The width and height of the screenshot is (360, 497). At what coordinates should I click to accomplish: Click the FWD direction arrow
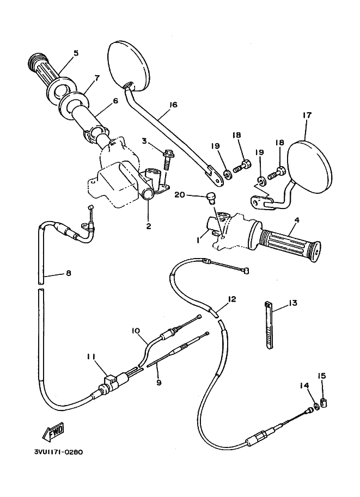[54, 432]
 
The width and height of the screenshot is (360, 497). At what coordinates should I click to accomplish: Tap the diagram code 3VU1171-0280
[59, 452]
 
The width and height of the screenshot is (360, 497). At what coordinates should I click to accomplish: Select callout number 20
[180, 195]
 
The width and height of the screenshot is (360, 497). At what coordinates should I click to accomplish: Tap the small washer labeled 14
[316, 406]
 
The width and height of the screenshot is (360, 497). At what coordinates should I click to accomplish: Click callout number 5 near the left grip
[76, 53]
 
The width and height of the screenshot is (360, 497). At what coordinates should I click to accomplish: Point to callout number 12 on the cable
[232, 299]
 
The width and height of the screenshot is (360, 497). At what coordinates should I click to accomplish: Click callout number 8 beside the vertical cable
[69, 273]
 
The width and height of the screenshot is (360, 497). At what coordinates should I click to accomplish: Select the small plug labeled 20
[210, 197]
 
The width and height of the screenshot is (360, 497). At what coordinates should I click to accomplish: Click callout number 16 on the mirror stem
[174, 105]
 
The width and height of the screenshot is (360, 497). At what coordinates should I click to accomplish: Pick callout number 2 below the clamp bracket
[149, 226]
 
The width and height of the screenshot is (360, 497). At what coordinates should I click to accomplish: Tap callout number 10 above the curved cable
[136, 330]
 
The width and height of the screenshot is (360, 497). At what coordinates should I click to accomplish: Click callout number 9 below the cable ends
[159, 383]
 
